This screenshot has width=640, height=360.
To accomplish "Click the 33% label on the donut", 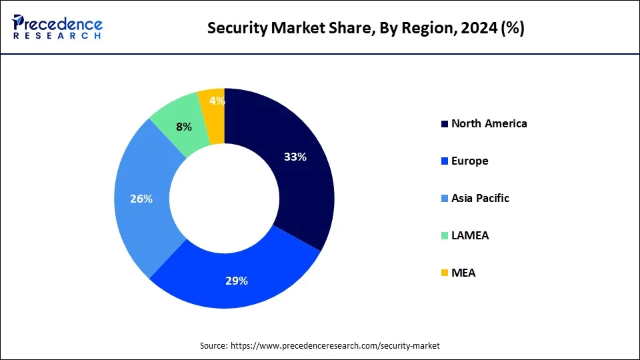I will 295,157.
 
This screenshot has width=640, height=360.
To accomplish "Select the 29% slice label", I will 236,281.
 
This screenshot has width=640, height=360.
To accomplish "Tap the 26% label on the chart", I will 142,199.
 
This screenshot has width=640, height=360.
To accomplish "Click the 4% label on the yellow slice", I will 217,101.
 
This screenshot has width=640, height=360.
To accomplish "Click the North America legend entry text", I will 489,123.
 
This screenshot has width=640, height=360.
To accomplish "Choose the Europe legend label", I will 469,161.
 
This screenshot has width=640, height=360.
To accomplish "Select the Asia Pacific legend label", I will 480,198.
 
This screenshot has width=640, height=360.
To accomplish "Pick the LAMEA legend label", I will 469,235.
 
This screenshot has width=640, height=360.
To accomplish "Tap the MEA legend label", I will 463,273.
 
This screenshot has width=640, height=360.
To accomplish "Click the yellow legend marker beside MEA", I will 445,273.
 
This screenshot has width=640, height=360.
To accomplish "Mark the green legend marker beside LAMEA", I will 445,236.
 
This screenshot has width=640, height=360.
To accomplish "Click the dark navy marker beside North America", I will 445,124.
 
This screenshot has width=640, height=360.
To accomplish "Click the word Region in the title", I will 426,28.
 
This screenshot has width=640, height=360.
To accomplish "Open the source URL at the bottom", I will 335,345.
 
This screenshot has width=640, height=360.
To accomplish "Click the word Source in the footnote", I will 213,345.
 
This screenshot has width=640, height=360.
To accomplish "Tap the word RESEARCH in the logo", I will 57,36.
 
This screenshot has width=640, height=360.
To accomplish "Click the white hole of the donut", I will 224,199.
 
